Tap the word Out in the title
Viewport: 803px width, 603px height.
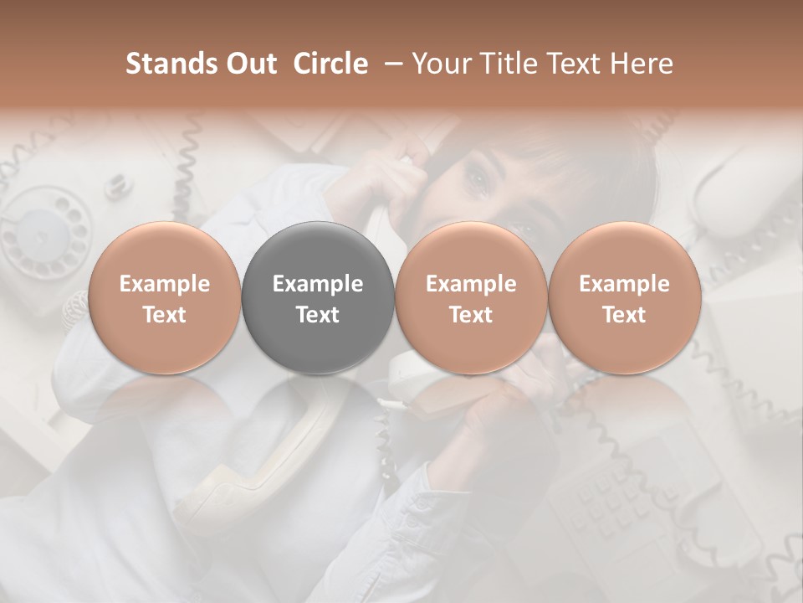[248, 64]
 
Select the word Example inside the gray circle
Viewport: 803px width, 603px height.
[318, 284]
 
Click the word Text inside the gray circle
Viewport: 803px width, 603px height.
[318, 315]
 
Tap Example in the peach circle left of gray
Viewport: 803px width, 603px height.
[165, 284]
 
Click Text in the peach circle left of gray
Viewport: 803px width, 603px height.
[165, 315]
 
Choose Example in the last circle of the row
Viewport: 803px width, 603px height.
[624, 284]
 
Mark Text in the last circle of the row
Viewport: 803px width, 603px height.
[624, 315]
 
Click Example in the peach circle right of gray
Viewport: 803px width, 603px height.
[471, 284]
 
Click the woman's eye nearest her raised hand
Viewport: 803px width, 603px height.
[478, 177]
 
